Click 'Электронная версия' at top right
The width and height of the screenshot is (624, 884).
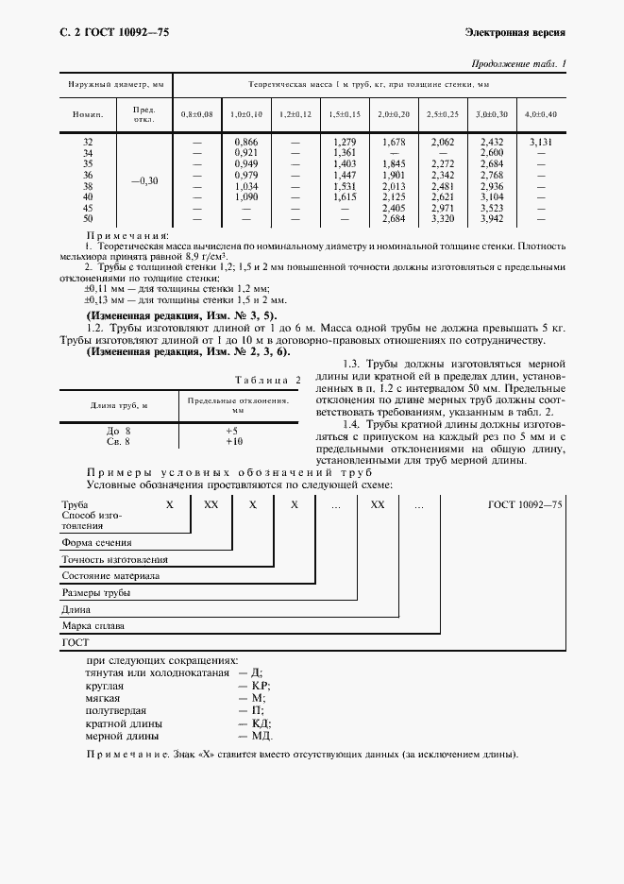[x=515, y=32]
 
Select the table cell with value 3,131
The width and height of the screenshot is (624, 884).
[x=541, y=142]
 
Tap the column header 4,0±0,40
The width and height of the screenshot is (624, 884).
[x=541, y=114]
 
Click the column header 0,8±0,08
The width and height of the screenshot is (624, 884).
[x=197, y=114]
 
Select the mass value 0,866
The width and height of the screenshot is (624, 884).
[x=245, y=142]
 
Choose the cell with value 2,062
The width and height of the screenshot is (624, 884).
[x=442, y=142]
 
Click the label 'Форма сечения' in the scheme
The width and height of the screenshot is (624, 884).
[x=96, y=543]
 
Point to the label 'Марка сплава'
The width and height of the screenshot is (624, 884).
[x=93, y=625]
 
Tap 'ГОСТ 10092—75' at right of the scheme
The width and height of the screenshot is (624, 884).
[x=525, y=506]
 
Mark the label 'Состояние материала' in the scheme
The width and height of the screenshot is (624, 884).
[x=110, y=576]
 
